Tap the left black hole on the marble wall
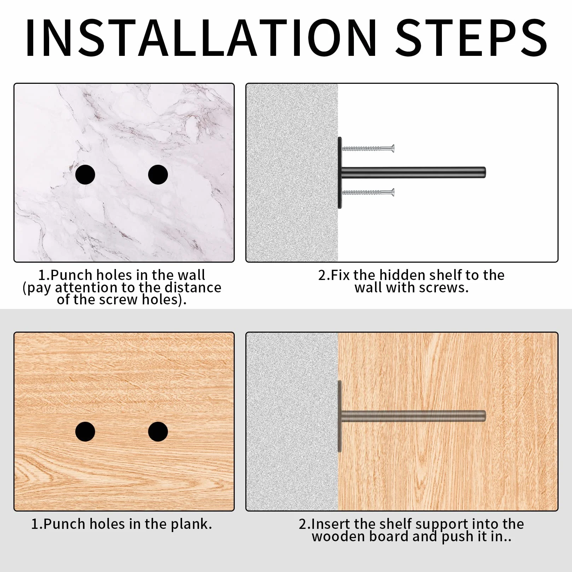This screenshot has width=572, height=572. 85,175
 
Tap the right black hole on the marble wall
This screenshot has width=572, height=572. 158,175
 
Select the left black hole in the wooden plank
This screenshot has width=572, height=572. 85,432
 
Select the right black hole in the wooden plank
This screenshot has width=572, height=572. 158,432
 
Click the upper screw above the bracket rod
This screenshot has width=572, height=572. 368,148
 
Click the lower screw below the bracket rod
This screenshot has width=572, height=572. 368,192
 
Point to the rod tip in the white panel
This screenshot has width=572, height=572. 485,172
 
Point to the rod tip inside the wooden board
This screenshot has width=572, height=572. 485,416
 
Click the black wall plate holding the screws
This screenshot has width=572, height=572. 340,173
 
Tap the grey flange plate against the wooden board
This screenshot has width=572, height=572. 340,416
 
